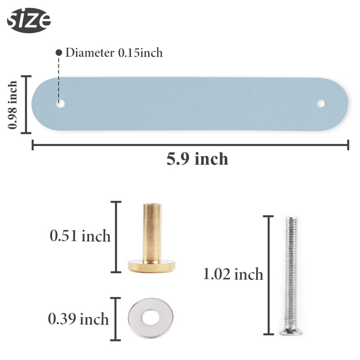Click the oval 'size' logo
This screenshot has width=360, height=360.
[29, 20]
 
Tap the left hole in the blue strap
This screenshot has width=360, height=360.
[60, 103]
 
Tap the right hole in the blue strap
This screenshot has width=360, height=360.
[321, 103]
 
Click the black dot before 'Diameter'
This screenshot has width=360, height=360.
[59, 53]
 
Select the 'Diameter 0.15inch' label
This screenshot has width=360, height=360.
[114, 53]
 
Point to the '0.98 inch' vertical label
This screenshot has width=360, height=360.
[13, 105]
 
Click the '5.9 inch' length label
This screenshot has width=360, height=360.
[197, 159]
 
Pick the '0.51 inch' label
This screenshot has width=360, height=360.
[80, 236]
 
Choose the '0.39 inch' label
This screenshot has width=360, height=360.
[78, 319]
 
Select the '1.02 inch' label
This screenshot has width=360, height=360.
[233, 274]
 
